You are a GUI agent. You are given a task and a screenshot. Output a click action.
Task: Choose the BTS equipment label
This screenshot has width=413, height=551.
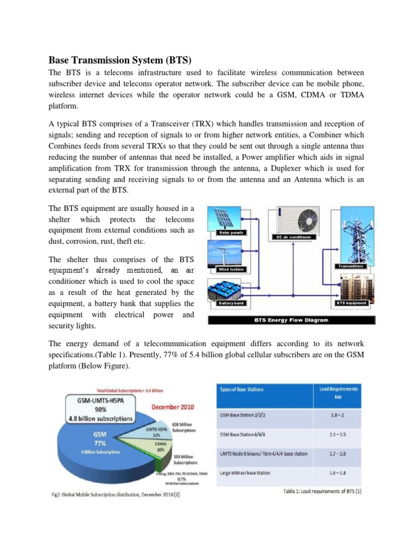(352, 303)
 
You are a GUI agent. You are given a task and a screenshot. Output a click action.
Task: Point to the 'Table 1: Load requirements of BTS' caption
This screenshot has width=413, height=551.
(322, 491)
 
